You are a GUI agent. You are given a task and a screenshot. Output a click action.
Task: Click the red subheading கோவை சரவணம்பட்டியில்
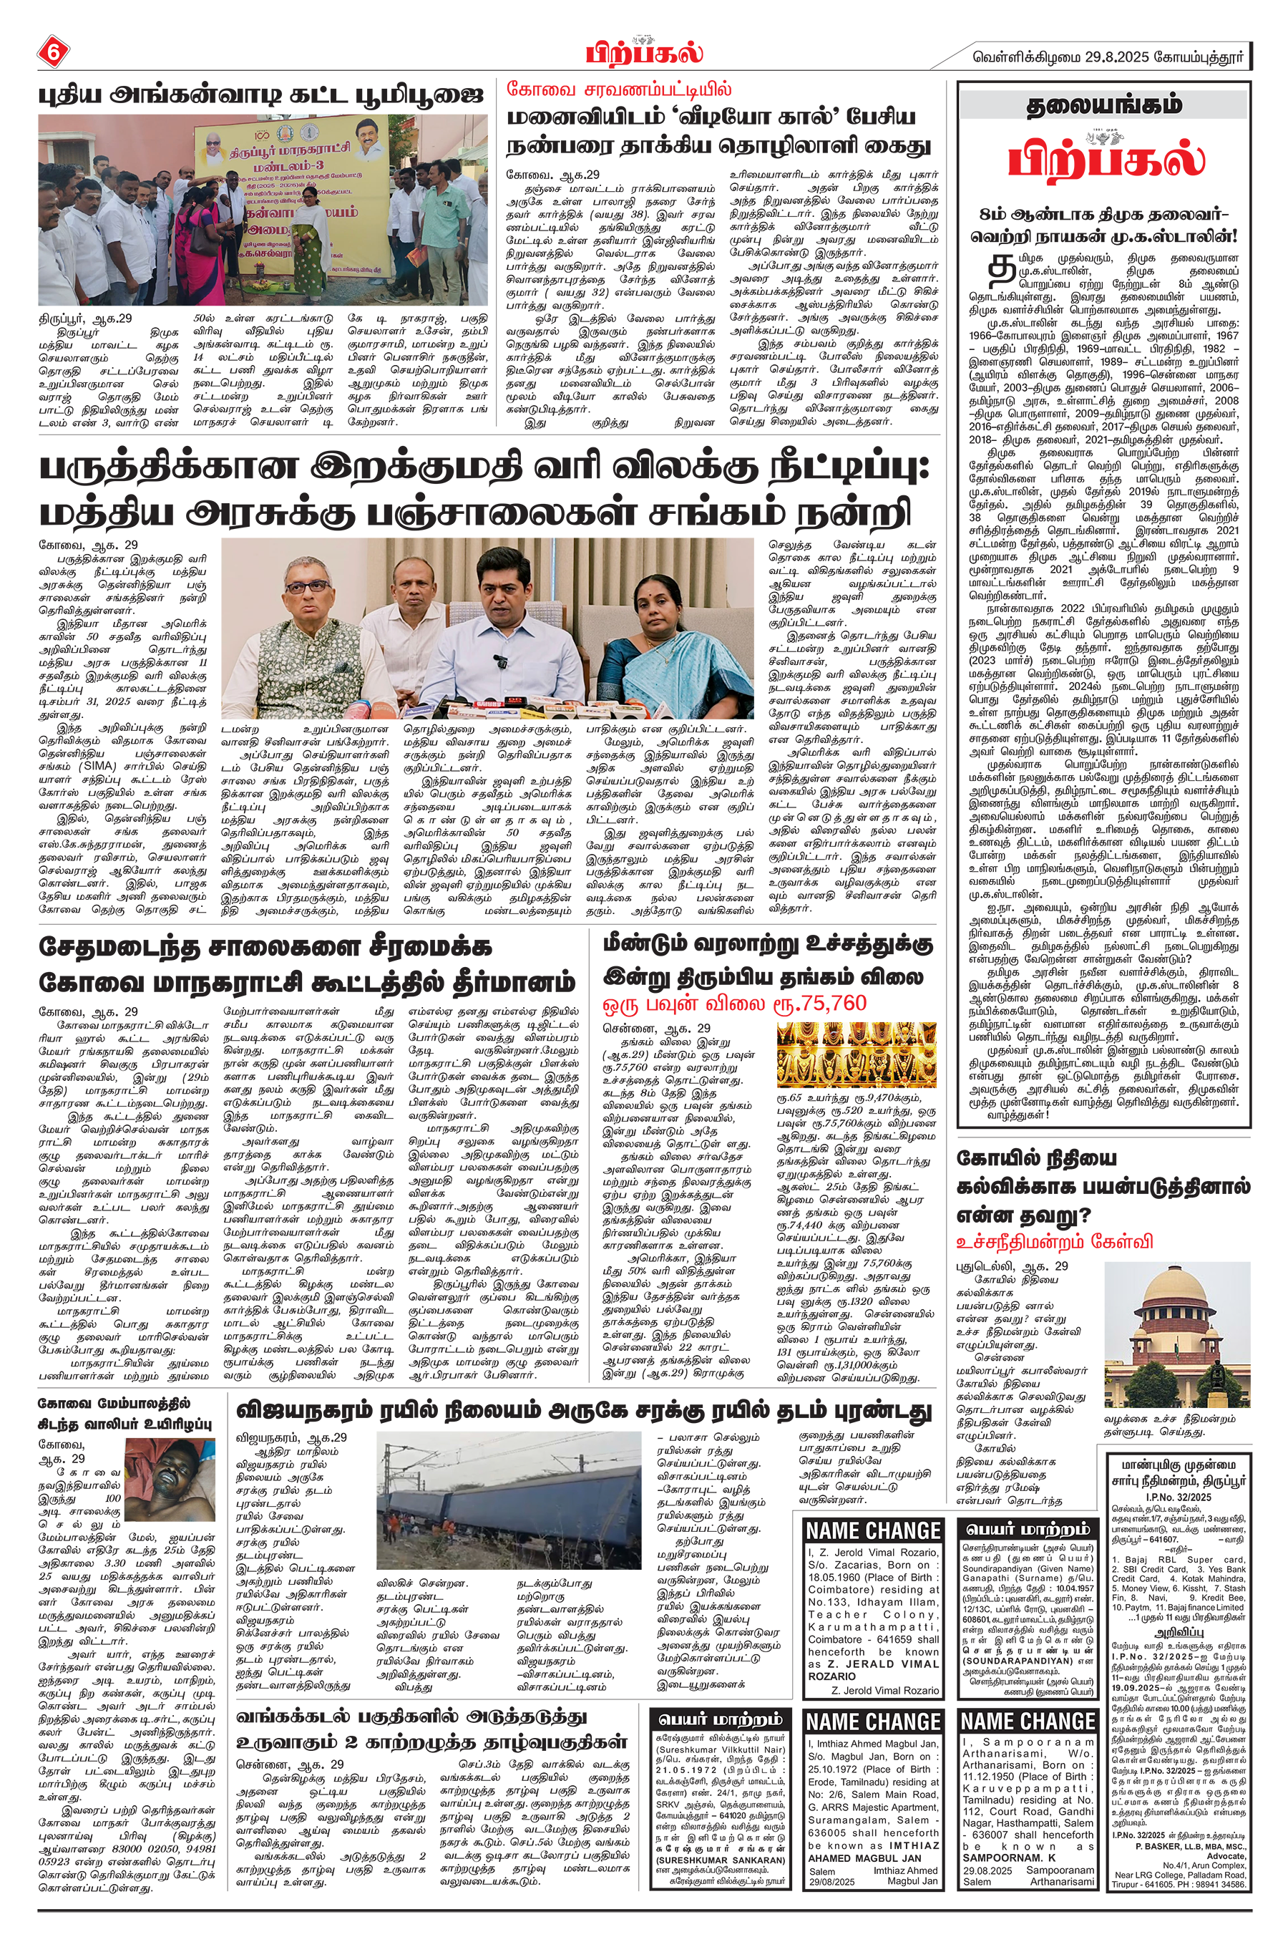(x=618, y=91)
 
